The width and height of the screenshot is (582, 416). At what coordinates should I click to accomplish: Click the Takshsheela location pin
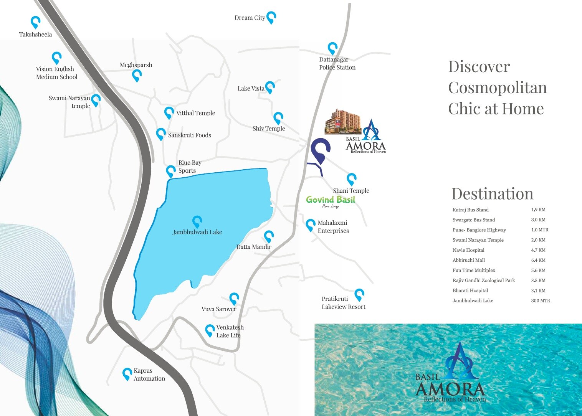tap(35, 22)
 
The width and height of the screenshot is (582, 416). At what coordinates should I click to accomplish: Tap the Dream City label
tap(250, 18)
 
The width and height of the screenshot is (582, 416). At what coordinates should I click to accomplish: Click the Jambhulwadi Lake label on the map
tap(197, 232)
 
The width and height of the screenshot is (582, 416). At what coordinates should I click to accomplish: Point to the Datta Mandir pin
tap(269, 236)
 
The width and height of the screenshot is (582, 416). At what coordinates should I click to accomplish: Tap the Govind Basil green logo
tap(331, 200)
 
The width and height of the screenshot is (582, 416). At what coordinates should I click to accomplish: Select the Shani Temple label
tap(351, 191)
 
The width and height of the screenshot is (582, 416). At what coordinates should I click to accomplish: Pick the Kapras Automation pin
tap(127, 374)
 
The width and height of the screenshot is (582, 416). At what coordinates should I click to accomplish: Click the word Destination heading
tap(492, 194)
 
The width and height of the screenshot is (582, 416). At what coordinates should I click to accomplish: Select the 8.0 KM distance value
tap(538, 220)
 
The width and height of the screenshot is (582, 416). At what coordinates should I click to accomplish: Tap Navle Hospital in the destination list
tap(468, 250)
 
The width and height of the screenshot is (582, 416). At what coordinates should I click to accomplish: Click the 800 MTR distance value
tap(541, 301)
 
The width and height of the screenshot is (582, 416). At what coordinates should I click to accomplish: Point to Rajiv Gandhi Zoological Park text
tap(484, 281)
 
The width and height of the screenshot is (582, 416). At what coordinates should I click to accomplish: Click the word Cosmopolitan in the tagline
tap(498, 88)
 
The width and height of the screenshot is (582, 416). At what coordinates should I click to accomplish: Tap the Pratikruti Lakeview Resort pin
tap(359, 294)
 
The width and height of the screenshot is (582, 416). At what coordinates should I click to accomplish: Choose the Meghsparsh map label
tap(136, 65)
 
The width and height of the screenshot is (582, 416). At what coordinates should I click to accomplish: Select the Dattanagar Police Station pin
tap(332, 48)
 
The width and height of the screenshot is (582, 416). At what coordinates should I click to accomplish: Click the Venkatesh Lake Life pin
tap(210, 330)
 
